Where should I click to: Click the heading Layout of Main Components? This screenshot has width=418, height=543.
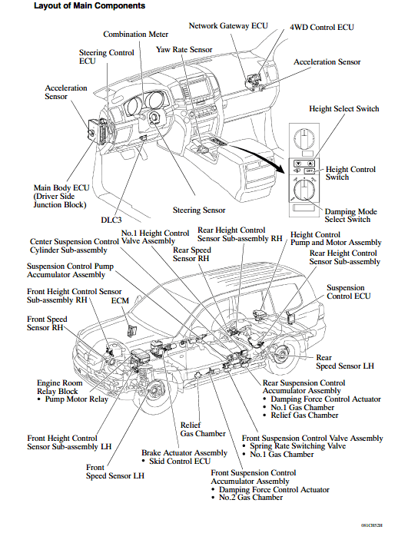tap(89, 6)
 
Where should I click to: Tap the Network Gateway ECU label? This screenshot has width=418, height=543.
tap(228, 25)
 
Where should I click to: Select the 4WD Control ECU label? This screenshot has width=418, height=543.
tap(322, 28)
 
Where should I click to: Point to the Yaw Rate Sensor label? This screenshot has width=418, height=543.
tap(184, 49)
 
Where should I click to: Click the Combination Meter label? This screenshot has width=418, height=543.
tap(135, 35)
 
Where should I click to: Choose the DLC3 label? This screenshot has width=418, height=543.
tap(111, 220)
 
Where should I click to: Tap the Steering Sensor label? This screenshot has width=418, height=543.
tap(199, 210)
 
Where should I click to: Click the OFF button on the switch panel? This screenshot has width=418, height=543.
tap(310, 171)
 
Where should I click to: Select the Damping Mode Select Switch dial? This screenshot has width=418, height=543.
tap(304, 190)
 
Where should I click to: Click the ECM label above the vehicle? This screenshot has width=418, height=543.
tap(120, 300)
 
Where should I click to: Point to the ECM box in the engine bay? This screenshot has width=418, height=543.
tap(131, 331)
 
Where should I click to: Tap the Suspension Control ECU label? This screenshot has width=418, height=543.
tap(349, 292)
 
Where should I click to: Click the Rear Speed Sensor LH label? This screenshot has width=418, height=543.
tap(344, 362)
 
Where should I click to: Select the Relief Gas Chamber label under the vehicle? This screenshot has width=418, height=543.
tap(203, 429)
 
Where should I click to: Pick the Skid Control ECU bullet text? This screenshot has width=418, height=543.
tap(180, 462)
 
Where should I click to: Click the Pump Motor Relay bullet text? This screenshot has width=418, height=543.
tap(77, 399)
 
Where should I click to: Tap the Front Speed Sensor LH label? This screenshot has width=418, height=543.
tap(114, 472)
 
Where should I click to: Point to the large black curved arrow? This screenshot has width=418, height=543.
tap(256, 155)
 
